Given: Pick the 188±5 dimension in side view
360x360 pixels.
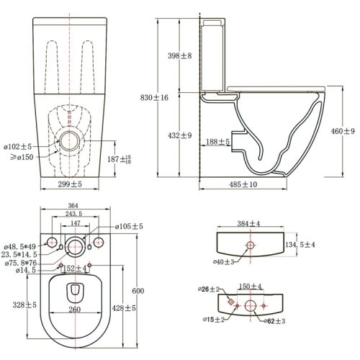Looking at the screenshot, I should (x=216, y=143).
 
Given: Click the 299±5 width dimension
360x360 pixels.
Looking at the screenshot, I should (x=71, y=185).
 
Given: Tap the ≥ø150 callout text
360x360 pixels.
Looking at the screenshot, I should (x=18, y=158).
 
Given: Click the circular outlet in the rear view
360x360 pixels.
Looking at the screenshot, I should (x=71, y=140).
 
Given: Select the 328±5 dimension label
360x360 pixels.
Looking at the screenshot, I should (x=24, y=305).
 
